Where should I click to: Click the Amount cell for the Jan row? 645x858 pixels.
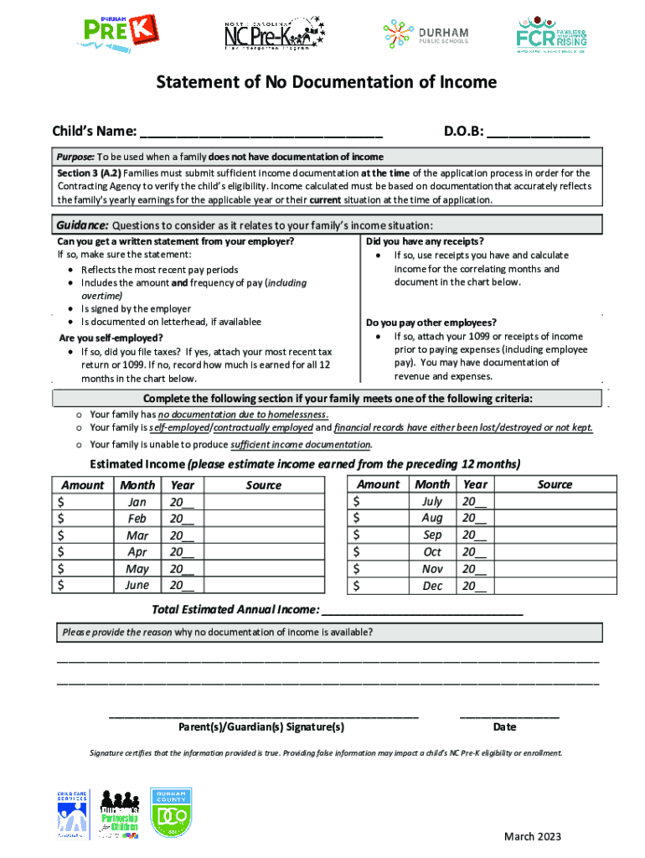click(82, 502)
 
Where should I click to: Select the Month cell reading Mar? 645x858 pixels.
click(137, 535)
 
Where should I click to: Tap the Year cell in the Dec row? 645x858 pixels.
click(474, 586)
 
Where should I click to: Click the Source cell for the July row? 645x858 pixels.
click(555, 502)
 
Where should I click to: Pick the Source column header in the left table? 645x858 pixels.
click(264, 485)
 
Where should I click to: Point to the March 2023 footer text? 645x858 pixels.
click(532, 836)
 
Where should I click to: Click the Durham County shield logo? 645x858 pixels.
click(173, 813)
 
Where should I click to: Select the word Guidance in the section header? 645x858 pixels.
click(81, 225)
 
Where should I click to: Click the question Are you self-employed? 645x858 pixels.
click(111, 339)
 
